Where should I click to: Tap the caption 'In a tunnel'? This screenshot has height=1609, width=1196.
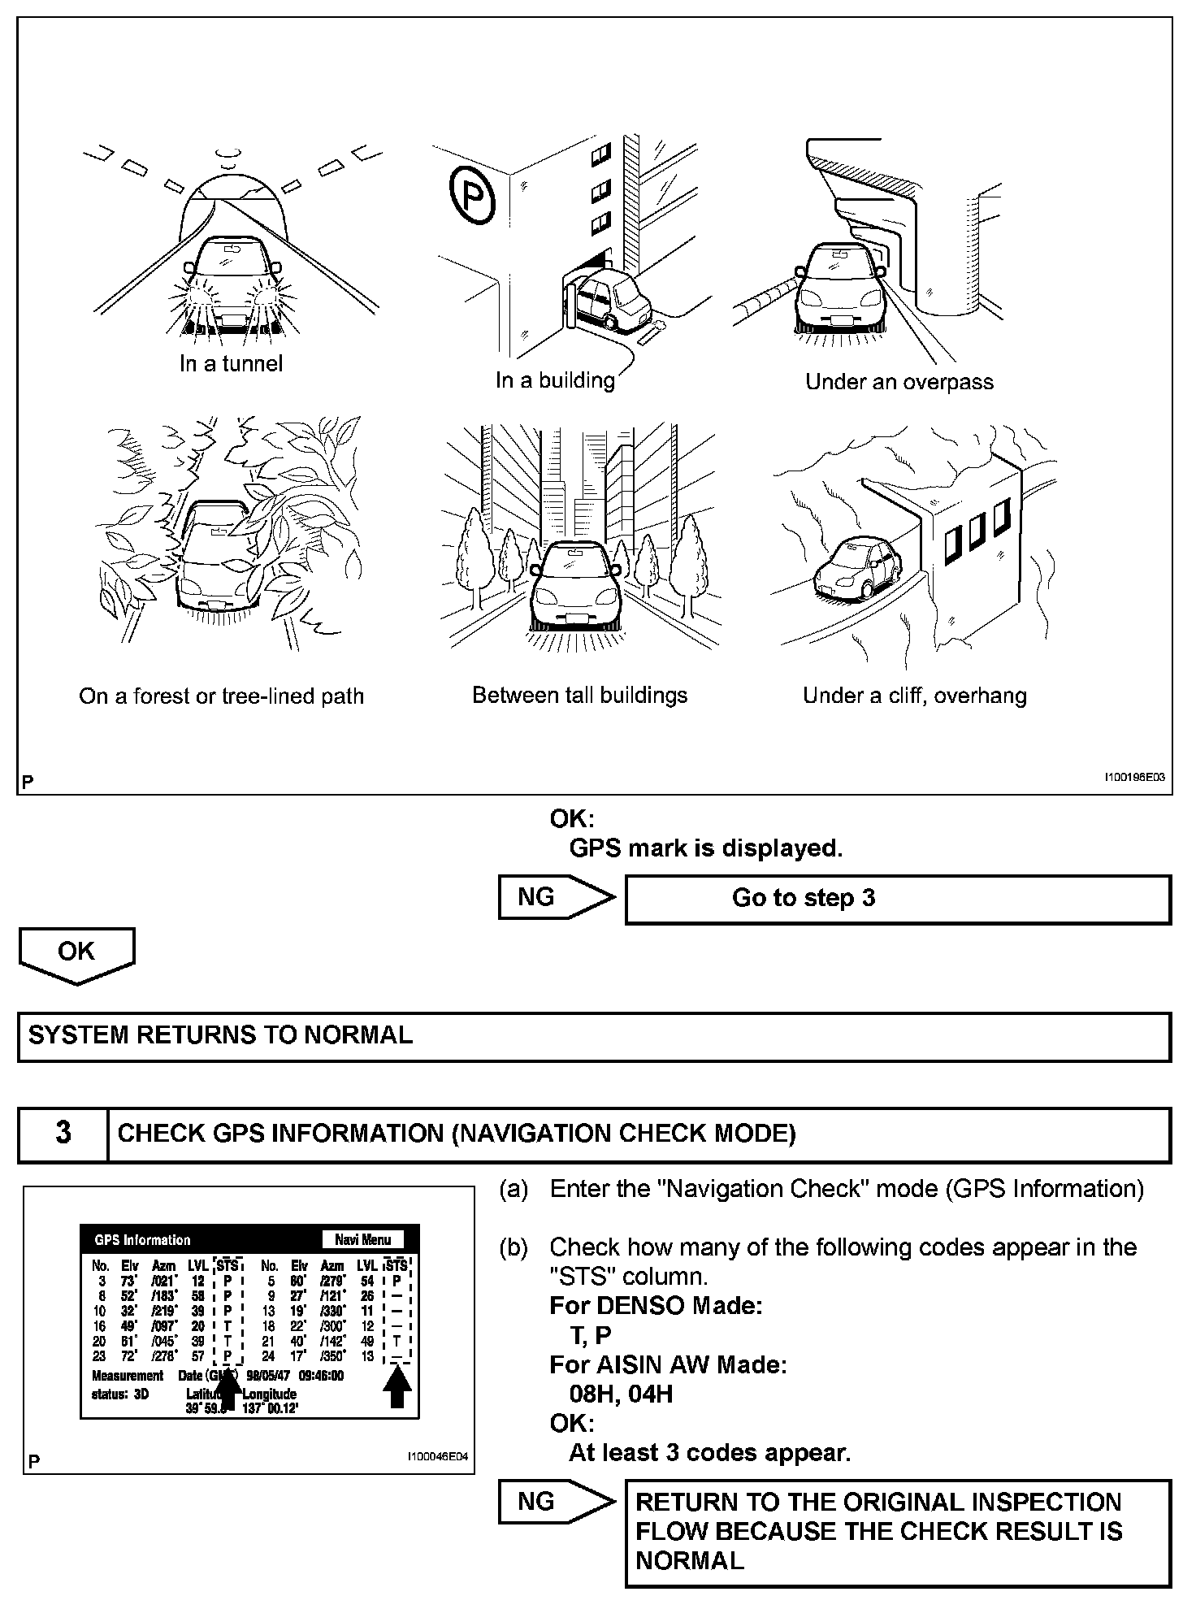click(231, 363)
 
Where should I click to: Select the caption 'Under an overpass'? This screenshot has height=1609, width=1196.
click(899, 382)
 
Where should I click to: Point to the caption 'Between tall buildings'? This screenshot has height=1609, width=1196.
click(579, 696)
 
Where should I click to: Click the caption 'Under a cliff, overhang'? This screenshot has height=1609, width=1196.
click(914, 696)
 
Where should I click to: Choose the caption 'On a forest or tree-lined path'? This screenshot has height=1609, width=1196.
click(221, 696)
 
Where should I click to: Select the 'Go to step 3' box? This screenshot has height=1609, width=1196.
click(897, 899)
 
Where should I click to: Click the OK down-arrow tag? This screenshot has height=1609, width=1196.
click(76, 953)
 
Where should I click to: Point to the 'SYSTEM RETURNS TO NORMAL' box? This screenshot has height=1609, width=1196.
click(593, 1036)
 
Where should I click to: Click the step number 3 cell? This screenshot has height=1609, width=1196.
click(63, 1134)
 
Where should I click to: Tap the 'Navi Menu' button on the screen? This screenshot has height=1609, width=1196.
click(363, 1240)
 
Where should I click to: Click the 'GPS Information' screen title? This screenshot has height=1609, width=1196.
click(142, 1240)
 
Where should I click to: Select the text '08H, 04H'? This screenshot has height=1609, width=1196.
click(621, 1394)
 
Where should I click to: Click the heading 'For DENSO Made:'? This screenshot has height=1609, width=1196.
click(656, 1307)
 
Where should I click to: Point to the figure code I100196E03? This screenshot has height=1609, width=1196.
click(1133, 778)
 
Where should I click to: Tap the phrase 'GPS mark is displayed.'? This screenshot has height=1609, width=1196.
click(705, 848)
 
